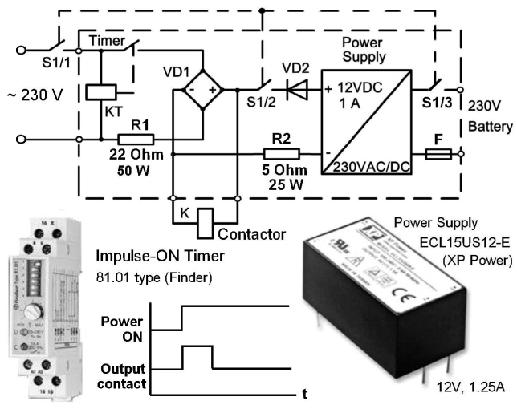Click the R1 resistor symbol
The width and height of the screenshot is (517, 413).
click(132, 138)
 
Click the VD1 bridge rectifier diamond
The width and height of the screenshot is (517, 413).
click(201, 90)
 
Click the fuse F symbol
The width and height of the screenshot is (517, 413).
click(438, 153)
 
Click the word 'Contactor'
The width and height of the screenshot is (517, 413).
click(252, 235)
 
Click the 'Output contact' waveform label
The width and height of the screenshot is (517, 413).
click(122, 377)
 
